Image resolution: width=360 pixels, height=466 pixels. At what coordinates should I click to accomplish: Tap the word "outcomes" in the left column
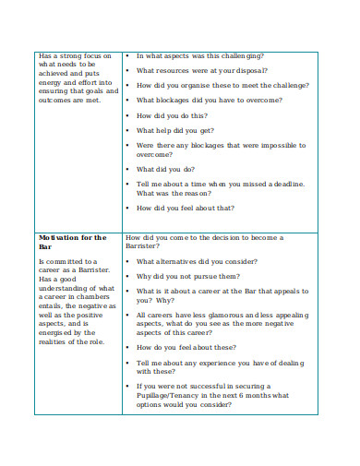tap(57, 101)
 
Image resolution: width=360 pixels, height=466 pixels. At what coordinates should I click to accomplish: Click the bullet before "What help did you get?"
tap(126, 131)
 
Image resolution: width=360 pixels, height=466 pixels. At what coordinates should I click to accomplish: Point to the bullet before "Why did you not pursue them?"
tap(126, 276)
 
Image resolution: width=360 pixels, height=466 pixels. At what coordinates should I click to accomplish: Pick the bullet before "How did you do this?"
tap(126, 116)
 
